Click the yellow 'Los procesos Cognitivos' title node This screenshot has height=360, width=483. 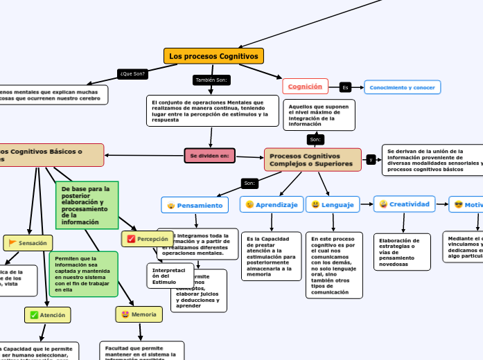pos(213,56)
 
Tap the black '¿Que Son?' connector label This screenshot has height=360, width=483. pos(132,73)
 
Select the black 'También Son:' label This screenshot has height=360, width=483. pos(211,80)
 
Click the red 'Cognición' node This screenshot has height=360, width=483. pos(305,87)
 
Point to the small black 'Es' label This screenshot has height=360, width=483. pos(345,87)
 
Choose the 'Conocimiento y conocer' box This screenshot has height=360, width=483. pos(403,88)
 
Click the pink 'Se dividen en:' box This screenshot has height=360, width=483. pos(209,156)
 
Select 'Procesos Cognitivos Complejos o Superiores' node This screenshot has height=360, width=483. pos(313,160)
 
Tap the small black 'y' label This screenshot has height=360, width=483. pos(371,160)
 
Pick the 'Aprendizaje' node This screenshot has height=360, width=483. pos(271,205)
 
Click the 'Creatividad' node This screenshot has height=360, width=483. pos(404,204)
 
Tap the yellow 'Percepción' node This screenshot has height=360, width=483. pos(148,239)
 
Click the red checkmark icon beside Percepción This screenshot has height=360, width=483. pos(131,240)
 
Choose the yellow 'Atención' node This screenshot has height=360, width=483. pos(47,315)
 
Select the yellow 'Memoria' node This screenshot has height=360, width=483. pos(139,314)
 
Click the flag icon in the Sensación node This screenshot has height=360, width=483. pos(12,243)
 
